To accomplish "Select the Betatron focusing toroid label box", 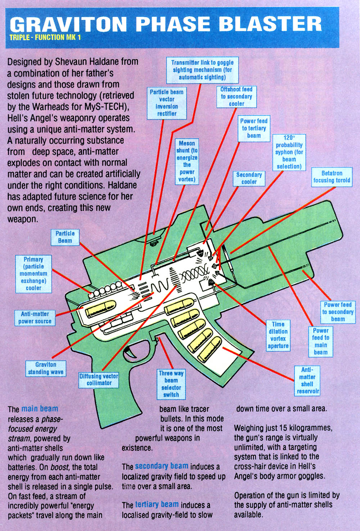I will pyautogui.click(x=332, y=177).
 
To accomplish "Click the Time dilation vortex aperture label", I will pyautogui.click(x=278, y=335).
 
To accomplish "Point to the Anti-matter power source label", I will pyautogui.click(x=35, y=317).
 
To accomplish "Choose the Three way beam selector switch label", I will pyautogui.click(x=171, y=384).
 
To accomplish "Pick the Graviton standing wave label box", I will pyautogui.click(x=46, y=368).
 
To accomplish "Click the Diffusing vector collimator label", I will pyautogui.click(x=99, y=380).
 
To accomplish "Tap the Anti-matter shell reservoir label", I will pyautogui.click(x=307, y=380).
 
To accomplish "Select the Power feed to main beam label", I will pyautogui.click(x=320, y=341).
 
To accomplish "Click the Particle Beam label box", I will pyautogui.click(x=65, y=237).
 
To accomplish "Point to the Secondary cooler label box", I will pyautogui.click(x=249, y=178).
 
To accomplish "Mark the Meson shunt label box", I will pyautogui.click(x=187, y=161).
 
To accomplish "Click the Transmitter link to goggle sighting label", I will pyautogui.click(x=202, y=70).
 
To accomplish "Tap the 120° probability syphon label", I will pyautogui.click(x=289, y=152).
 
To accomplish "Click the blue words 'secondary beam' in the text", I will pyautogui.click(x=161, y=466).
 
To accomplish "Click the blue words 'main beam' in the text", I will pyautogui.click(x=40, y=409).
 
